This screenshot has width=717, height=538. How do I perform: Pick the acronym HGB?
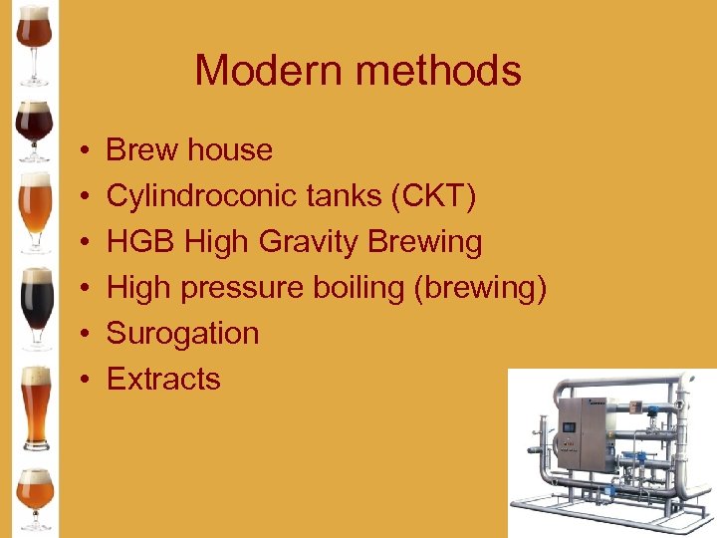141,242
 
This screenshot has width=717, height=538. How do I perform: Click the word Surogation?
182,333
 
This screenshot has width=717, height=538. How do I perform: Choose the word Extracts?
163,379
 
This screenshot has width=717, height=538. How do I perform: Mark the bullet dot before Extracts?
87,380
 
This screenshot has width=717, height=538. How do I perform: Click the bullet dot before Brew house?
87,150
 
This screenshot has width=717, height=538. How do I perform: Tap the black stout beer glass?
37,304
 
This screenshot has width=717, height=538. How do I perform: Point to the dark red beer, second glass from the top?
35,128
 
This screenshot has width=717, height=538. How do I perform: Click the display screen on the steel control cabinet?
570,427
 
